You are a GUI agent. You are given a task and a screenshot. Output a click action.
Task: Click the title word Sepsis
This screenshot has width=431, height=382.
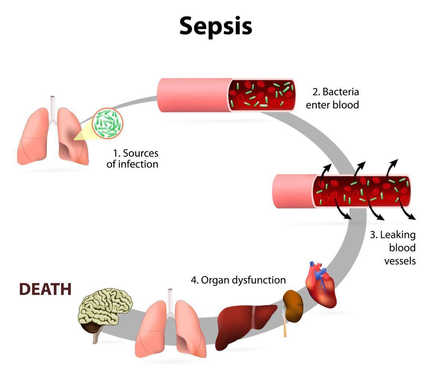tap(215, 26)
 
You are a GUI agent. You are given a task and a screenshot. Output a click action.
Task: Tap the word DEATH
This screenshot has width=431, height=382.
tap(45, 289)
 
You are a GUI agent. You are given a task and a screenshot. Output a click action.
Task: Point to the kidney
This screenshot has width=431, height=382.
tap(293, 306)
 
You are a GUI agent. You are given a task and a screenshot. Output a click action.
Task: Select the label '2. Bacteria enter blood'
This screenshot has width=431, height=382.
tap(333, 98)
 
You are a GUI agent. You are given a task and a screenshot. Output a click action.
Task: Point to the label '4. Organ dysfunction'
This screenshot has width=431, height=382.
tap(239, 280)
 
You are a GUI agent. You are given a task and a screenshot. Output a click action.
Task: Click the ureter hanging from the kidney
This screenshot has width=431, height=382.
tap(285, 328)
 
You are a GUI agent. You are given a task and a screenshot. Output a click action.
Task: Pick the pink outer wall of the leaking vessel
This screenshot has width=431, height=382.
tap(293, 191)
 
